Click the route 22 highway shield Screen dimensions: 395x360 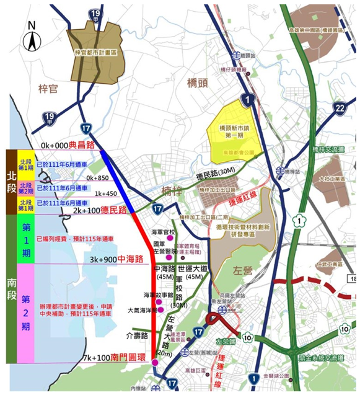pyautogui.click(x=340, y=109)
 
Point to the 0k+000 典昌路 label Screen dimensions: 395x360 pyautogui.click(x=67, y=145)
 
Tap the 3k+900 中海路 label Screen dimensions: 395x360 pyautogui.click(x=117, y=258)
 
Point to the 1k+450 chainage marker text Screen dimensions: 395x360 pyautogui.click(x=106, y=193)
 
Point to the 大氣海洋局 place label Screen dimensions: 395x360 pyautogui.click(x=142, y=309)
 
